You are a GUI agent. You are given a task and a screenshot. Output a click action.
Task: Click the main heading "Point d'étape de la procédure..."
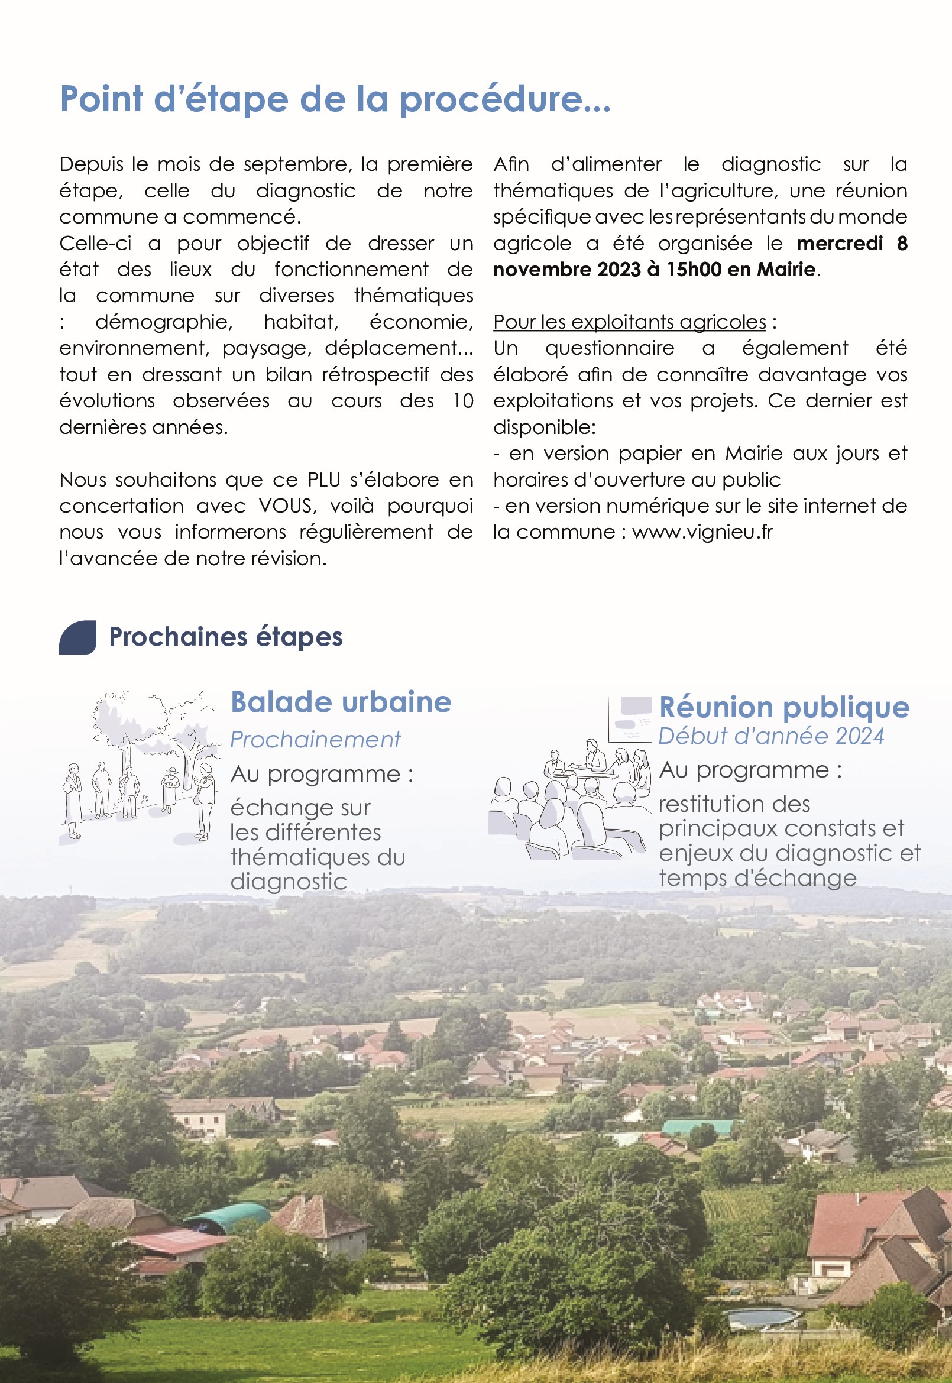pos(335,99)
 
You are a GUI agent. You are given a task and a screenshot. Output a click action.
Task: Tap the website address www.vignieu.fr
pos(702,532)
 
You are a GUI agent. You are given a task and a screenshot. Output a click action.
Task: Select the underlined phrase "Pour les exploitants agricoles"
pos(629,322)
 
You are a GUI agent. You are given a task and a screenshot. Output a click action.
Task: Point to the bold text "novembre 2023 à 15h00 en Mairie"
pos(654,270)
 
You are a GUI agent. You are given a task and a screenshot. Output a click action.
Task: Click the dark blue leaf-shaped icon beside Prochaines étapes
pos(77,637)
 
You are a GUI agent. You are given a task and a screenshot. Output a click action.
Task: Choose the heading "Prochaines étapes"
pos(225,637)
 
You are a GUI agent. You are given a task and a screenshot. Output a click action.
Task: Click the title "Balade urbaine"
pos(341,702)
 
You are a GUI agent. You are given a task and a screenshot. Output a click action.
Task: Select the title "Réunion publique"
pos(784,707)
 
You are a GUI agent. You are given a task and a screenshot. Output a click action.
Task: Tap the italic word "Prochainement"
pos(315,740)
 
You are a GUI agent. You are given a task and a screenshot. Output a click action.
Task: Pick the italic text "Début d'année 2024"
pos(770,736)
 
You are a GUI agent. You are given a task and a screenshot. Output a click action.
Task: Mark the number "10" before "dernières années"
pos(463,401)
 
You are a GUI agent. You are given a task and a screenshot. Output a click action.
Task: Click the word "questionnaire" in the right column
pos(609,348)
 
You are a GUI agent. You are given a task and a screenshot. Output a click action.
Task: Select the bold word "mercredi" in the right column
pos(839,244)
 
